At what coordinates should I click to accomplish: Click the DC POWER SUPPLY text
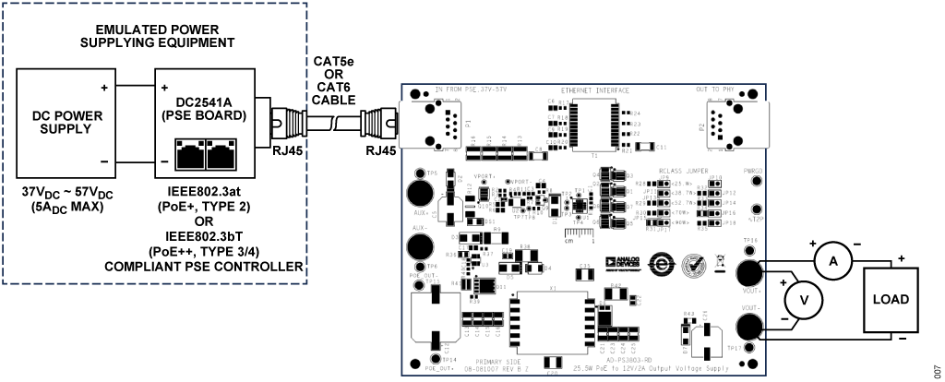pos(61,123)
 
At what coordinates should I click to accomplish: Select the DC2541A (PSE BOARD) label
pos(203,110)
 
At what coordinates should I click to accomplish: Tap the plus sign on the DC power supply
pos(104,89)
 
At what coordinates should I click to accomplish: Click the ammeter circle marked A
pos(833,262)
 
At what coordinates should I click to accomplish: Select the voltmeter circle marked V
pos(803,300)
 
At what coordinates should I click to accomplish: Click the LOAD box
pos(891,300)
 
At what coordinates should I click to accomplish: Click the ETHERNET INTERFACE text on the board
pos(595,91)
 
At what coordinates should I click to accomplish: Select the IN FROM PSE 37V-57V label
pos(471,90)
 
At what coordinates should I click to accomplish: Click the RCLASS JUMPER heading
pos(683,172)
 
